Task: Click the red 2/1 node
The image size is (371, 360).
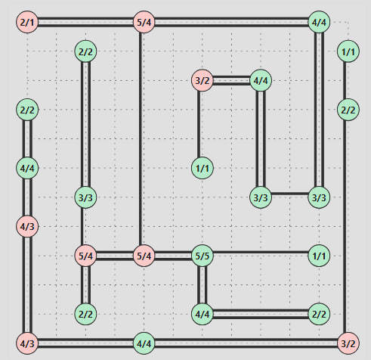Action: pyautogui.click(x=27, y=23)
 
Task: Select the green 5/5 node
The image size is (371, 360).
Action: pyautogui.click(x=202, y=256)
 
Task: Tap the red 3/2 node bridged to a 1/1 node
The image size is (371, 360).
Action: pyautogui.click(x=202, y=80)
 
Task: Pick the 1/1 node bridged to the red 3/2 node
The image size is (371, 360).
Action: pyautogui.click(x=202, y=168)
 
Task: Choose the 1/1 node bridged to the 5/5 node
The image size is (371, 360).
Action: pyautogui.click(x=319, y=256)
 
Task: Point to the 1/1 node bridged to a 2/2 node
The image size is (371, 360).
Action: pyautogui.click(x=348, y=51)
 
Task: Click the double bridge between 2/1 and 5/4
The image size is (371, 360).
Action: pyautogui.click(x=85, y=23)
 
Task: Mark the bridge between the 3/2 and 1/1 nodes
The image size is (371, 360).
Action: pyautogui.click(x=202, y=124)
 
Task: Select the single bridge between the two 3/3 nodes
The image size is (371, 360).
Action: pyautogui.click(x=289, y=194)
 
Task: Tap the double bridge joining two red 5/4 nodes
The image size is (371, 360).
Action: pyautogui.click(x=114, y=256)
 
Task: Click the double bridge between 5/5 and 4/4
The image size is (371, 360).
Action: pyautogui.click(x=202, y=284)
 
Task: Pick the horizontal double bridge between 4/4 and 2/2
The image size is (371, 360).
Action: pyautogui.click(x=260, y=313)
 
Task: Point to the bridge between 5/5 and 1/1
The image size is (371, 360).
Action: pyautogui.click(x=260, y=256)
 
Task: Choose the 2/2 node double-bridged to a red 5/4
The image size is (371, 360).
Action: pyautogui.click(x=85, y=313)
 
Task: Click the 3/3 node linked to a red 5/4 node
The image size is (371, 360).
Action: pyautogui.click(x=85, y=197)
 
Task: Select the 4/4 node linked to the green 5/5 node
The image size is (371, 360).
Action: pyautogui.click(x=202, y=313)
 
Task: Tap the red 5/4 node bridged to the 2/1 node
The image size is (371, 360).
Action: pyautogui.click(x=144, y=23)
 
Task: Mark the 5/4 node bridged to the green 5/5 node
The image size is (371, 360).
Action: pyautogui.click(x=144, y=256)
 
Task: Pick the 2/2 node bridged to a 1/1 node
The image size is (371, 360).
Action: pyautogui.click(x=348, y=110)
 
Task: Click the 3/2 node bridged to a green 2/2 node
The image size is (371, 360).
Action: pyautogui.click(x=348, y=343)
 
